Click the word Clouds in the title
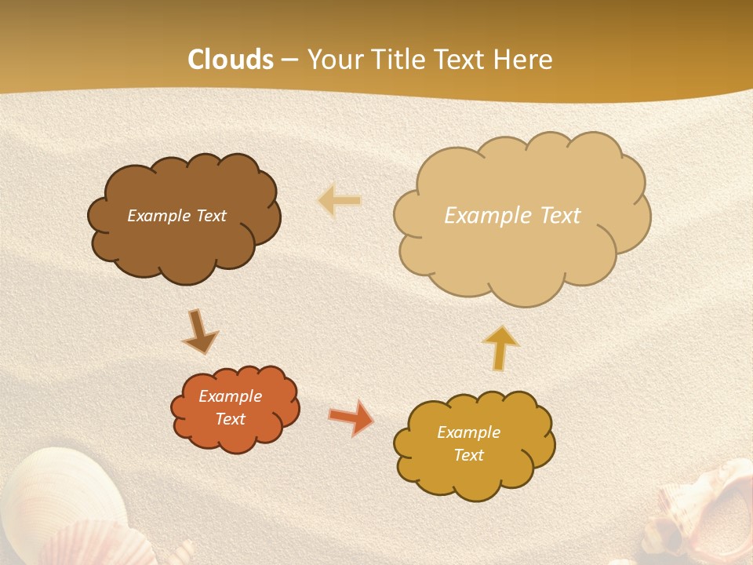tap(231, 59)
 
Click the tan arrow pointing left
tap(340, 201)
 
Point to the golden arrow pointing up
tap(500, 346)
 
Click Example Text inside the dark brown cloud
tap(176, 216)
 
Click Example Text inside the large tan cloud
tap(512, 215)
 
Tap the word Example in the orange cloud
tap(230, 396)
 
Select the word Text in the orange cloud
tap(231, 419)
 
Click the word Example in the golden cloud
tap(468, 432)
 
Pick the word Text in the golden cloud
tap(469, 455)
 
